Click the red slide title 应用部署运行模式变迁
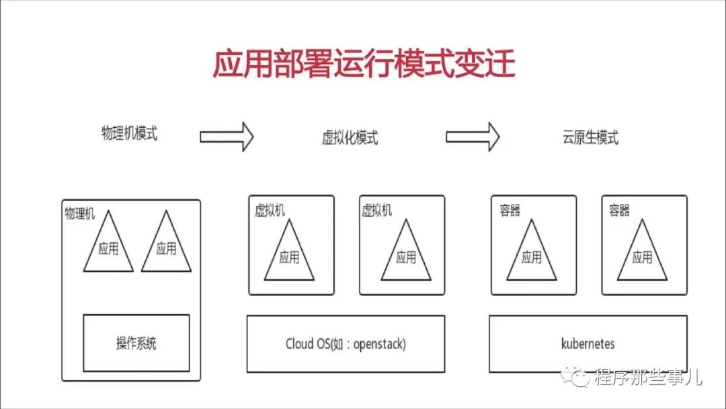click(x=364, y=65)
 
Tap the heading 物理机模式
click(x=129, y=133)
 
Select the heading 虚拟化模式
click(x=350, y=138)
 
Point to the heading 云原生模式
click(x=590, y=138)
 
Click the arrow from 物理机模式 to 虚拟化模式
click(x=227, y=137)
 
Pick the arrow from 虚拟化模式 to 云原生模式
click(x=473, y=137)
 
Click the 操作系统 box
click(x=136, y=343)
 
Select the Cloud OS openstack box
click(x=346, y=344)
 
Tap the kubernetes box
click(x=588, y=344)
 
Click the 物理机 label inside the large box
click(x=79, y=215)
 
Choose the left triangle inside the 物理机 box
click(x=108, y=246)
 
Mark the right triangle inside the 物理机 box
click(x=166, y=246)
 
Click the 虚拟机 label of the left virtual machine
click(x=270, y=211)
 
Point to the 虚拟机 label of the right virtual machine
click(x=376, y=211)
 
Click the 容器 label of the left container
click(x=510, y=211)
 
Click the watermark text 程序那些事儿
click(x=647, y=377)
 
